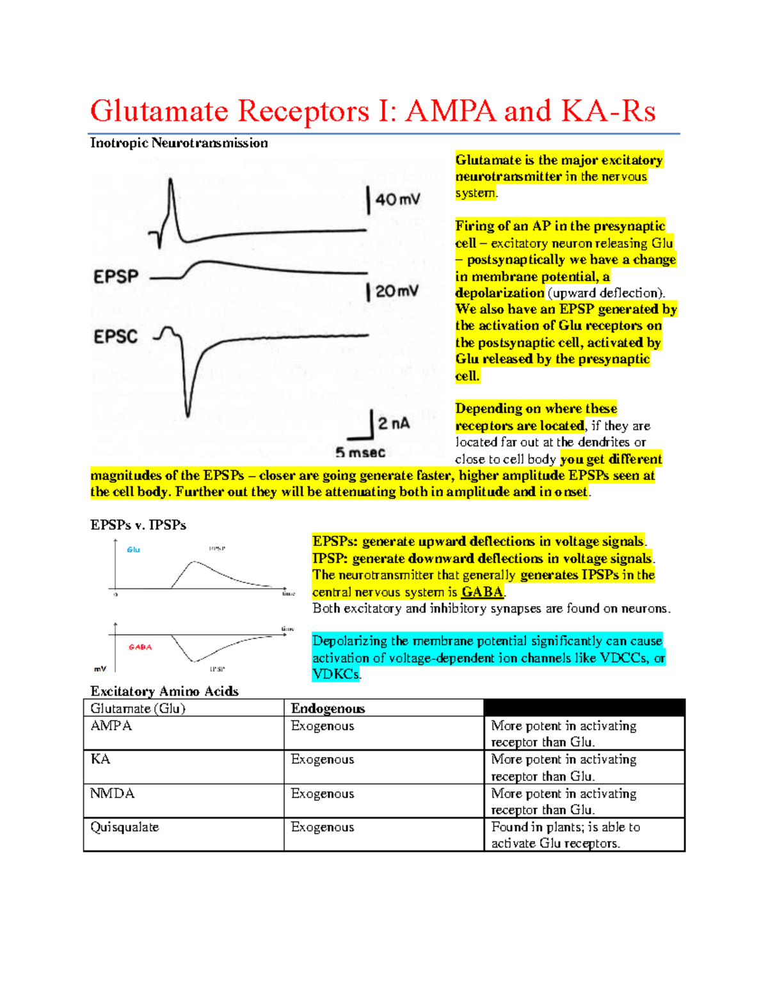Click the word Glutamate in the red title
[159, 111]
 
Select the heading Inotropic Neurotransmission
[179, 143]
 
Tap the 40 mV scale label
[397, 200]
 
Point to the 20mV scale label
[397, 292]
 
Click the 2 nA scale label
[394, 424]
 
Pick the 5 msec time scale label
[360, 453]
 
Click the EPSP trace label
[116, 277]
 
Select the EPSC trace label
[115, 337]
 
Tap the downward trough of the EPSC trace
[188, 413]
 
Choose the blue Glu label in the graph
[133, 550]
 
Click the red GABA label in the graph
[140, 647]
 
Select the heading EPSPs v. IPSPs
[138, 525]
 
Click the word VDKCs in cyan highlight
[336, 674]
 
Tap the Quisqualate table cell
[125, 827]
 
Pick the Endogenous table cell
[328, 709]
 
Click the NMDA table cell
[113, 794]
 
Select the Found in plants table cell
[565, 835]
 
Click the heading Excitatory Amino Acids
[164, 691]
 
